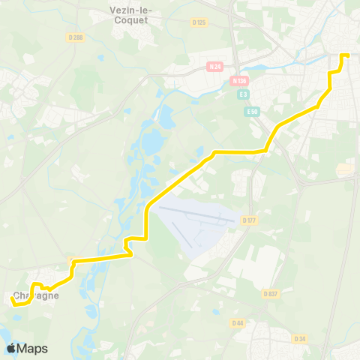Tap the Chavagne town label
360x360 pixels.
coord(36,295)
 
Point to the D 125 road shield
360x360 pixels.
coord(199,23)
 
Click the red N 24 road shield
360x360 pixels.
coord(215,67)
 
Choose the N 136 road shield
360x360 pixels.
coord(239,80)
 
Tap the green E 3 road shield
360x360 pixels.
coord(243,94)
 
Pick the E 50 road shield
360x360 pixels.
coord(251,111)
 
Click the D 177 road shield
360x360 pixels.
coord(249,220)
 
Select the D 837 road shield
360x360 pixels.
coord(271,293)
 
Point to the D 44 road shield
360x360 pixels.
coord(238,322)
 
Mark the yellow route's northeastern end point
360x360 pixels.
coord(347,55)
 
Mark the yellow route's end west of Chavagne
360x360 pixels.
coord(13,299)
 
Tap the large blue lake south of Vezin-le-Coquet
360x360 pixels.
coord(151,140)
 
